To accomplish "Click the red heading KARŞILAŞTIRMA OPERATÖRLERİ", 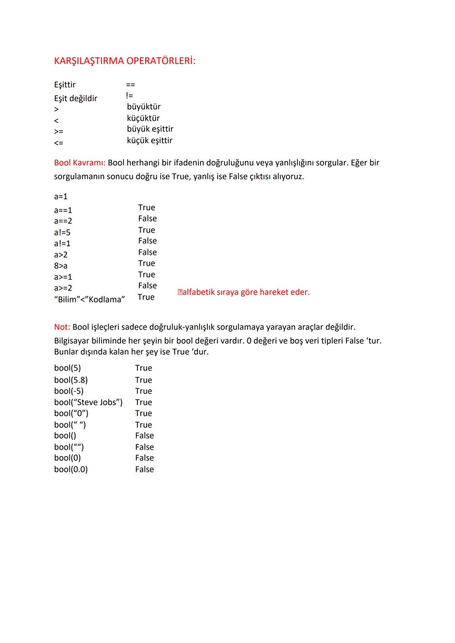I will coord(125,61).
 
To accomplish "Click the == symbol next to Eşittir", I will coord(131,85).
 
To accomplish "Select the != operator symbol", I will coord(130,96).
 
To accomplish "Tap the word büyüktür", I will coord(144,107).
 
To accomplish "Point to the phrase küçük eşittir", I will coord(150,141).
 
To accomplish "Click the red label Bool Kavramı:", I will coord(80,163).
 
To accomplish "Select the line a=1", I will coord(61,197).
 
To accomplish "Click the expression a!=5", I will coord(62,232).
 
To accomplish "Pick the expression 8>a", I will coord(61,266).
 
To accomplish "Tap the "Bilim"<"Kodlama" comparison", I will coord(89,299).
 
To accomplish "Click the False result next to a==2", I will coord(147,219).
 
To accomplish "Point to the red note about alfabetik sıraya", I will coord(244,292).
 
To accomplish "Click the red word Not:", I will coord(62,327).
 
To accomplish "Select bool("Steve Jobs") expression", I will coord(88,403).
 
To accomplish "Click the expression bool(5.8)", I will coord(71,380).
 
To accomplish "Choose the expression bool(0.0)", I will coord(71,470).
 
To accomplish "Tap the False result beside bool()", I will coord(145,436).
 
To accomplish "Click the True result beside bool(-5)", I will coord(144,391).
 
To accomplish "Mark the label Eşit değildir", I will coord(76,99).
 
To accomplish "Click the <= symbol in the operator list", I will coord(59,143).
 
